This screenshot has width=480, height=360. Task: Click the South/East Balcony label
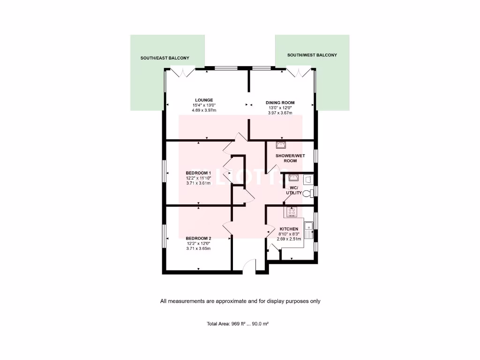pos(165,58)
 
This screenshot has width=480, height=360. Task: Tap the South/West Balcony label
pos(312,55)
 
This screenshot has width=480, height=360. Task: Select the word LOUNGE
pos(204,100)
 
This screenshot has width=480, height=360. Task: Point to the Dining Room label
pos(280,103)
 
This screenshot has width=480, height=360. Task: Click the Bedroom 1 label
pos(198,173)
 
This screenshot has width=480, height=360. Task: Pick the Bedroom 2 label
pos(198,238)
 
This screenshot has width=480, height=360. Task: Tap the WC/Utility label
pos(294,190)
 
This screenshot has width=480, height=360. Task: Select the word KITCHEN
pos(289,229)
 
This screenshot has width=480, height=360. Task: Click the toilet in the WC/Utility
pos(307,193)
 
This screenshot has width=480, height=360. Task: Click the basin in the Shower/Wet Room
pos(281,146)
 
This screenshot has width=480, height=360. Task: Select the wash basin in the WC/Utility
pos(294,178)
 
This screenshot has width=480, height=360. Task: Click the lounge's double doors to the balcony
pos(182,73)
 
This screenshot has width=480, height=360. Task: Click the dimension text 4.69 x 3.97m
pos(204,110)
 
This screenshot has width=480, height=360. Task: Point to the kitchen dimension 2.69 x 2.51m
pos(289,239)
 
